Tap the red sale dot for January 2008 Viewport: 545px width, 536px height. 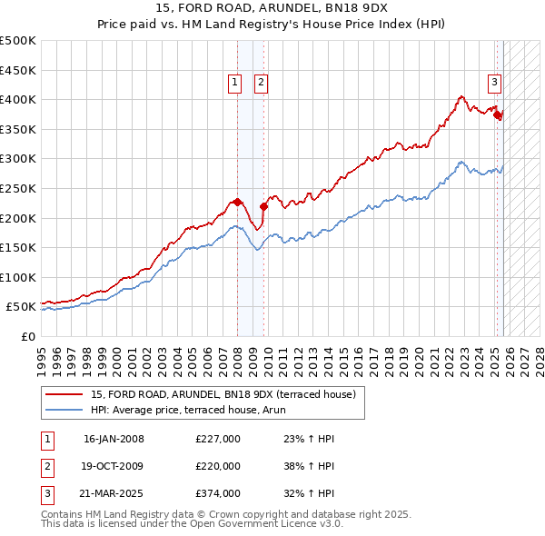tap(237, 202)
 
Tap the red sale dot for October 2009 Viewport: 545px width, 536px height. tap(263, 206)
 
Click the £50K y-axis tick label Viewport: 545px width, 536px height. tap(21, 307)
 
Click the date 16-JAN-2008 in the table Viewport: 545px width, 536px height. tap(114, 439)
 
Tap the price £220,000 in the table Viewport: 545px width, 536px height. tap(218, 466)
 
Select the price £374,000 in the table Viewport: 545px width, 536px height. tap(218, 493)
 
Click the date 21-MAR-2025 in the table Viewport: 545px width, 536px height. tap(114, 493)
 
